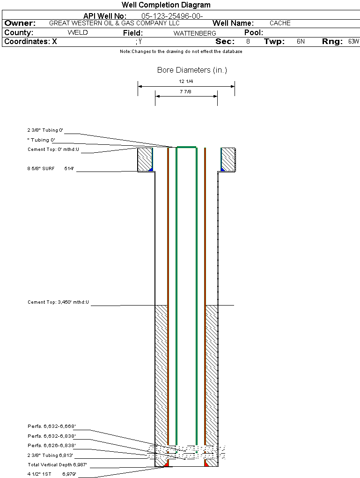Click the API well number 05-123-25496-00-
pos(172,16)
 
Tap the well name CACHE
pos(280,23)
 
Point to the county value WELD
pos(78,33)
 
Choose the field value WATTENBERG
pos(195,33)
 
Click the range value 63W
pos(353,42)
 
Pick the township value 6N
pos(301,42)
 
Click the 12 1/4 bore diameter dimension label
pos(186,82)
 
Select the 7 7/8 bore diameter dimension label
pos(186,92)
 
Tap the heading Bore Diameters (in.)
pos(192,70)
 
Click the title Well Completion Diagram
pos(166,5)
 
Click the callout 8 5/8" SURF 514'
pos(51,169)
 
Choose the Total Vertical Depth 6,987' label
pos(58,465)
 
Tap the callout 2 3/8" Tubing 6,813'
pos(51,456)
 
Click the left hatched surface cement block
pos(145,159)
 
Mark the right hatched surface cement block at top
pos(228,159)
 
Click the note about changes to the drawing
pos(181,52)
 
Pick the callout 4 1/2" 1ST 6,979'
pos(51,474)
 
